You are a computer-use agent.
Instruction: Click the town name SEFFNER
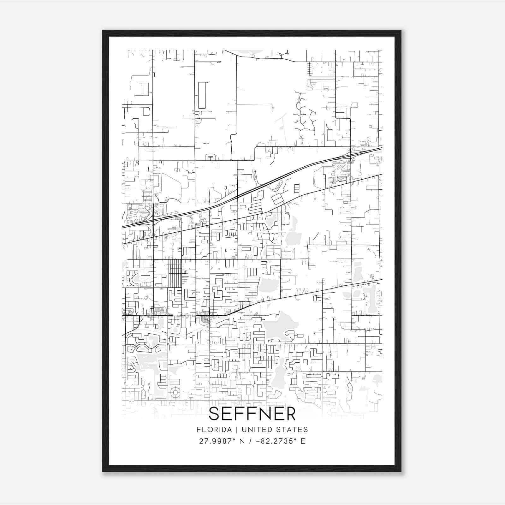pos(252,414)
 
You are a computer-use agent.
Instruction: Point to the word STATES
pos(292,430)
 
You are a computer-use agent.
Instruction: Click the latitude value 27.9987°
pos(217,441)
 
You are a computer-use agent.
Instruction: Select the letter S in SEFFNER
pos(215,414)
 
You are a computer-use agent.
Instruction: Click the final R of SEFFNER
pos(290,414)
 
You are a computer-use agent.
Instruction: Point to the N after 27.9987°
pos(242,441)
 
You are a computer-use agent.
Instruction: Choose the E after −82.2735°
pos(303,441)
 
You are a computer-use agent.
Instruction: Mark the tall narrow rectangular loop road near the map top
pos(201,95)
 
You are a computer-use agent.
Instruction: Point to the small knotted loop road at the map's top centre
pos(283,54)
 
